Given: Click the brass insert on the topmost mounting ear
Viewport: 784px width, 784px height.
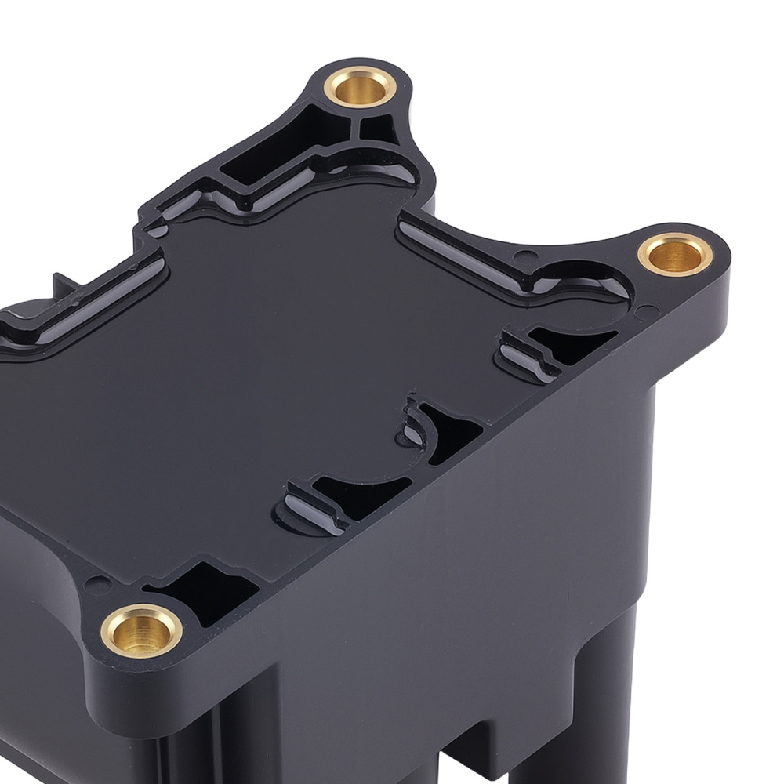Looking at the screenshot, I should click(360, 87).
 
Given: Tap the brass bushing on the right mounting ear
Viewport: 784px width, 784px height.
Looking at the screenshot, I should click(675, 254).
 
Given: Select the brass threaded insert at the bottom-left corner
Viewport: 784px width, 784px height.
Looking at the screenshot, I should click(141, 630).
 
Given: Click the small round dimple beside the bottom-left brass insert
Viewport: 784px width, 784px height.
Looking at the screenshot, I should click(98, 584).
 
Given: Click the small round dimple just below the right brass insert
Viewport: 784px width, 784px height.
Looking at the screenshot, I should click(648, 312).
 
